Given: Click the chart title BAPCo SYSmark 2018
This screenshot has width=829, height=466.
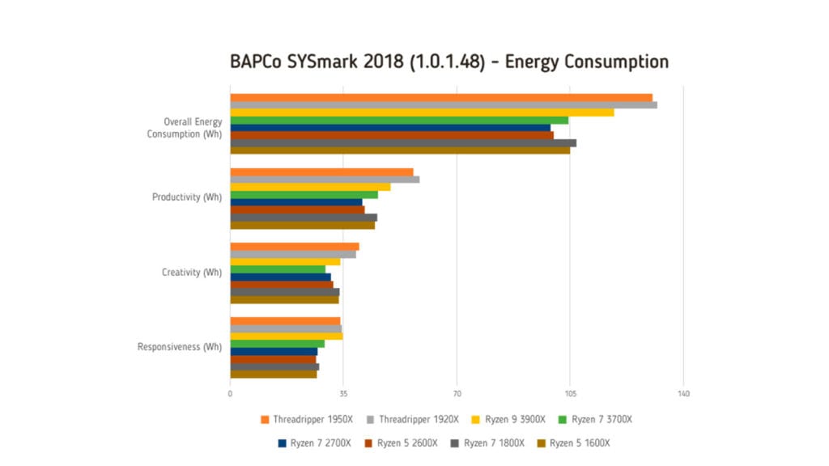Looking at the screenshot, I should click(449, 62).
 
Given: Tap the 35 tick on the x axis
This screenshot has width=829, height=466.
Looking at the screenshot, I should click(344, 394).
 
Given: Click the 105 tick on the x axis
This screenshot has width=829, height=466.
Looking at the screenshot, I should click(570, 394).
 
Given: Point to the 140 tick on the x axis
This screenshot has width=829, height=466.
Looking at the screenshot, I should click(683, 394).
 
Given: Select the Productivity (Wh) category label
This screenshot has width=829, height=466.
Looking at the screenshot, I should click(187, 197).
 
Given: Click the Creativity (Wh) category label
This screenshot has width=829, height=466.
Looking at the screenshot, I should click(192, 273).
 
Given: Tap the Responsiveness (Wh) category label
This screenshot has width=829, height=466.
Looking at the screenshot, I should click(180, 347).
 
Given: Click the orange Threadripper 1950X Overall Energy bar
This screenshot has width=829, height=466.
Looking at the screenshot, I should click(441, 98).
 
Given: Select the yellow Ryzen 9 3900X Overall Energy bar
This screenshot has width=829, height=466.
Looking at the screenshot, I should click(422, 112).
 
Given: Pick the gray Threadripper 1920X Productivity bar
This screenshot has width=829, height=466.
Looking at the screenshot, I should click(325, 180).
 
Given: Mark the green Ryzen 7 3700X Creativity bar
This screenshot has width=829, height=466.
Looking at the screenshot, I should click(278, 269).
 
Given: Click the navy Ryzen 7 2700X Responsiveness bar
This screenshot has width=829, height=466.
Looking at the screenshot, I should click(274, 352).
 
